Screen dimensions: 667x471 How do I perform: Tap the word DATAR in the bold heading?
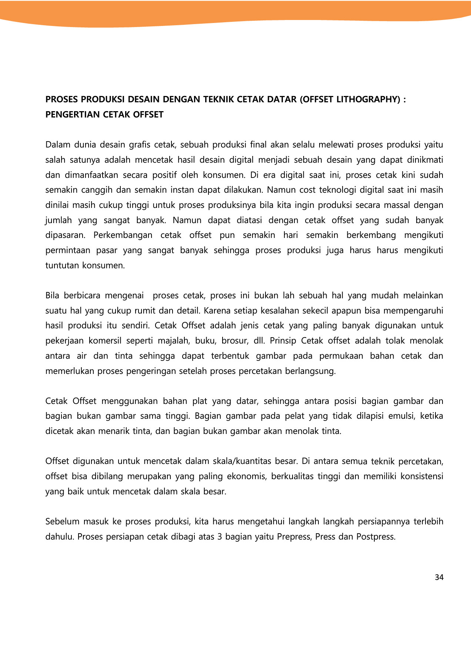click(x=281, y=99)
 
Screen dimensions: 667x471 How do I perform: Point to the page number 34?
click(x=439, y=577)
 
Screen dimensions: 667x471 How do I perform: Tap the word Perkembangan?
click(x=123, y=235)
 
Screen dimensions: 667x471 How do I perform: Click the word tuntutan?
click(x=61, y=265)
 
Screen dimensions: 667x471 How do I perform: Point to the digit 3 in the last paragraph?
click(x=220, y=537)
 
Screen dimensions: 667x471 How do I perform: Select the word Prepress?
click(x=294, y=537)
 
